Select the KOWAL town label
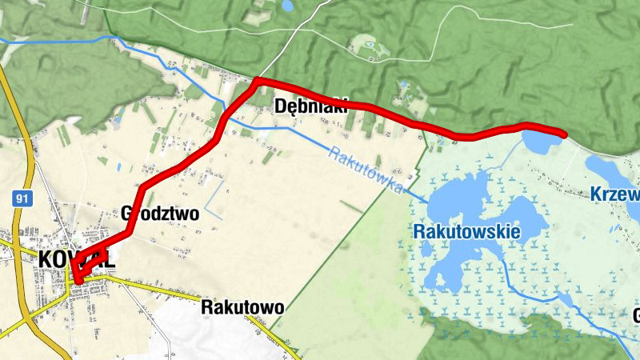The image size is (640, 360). pyautogui.click(x=76, y=259)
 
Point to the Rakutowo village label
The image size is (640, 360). pyautogui.click(x=242, y=307)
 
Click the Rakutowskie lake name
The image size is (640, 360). pyautogui.click(x=467, y=232)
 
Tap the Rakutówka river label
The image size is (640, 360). pyautogui.click(x=364, y=169)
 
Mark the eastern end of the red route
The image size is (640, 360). pyautogui.click(x=564, y=134)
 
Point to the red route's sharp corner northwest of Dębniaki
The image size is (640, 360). pyautogui.click(x=256, y=81)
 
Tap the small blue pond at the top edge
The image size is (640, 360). pyautogui.click(x=287, y=6)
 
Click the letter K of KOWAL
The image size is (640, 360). pyautogui.click(x=46, y=259)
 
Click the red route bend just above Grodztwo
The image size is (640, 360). pyautogui.click(x=142, y=192)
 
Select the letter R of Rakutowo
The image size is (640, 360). pyautogui.click(x=207, y=307)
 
